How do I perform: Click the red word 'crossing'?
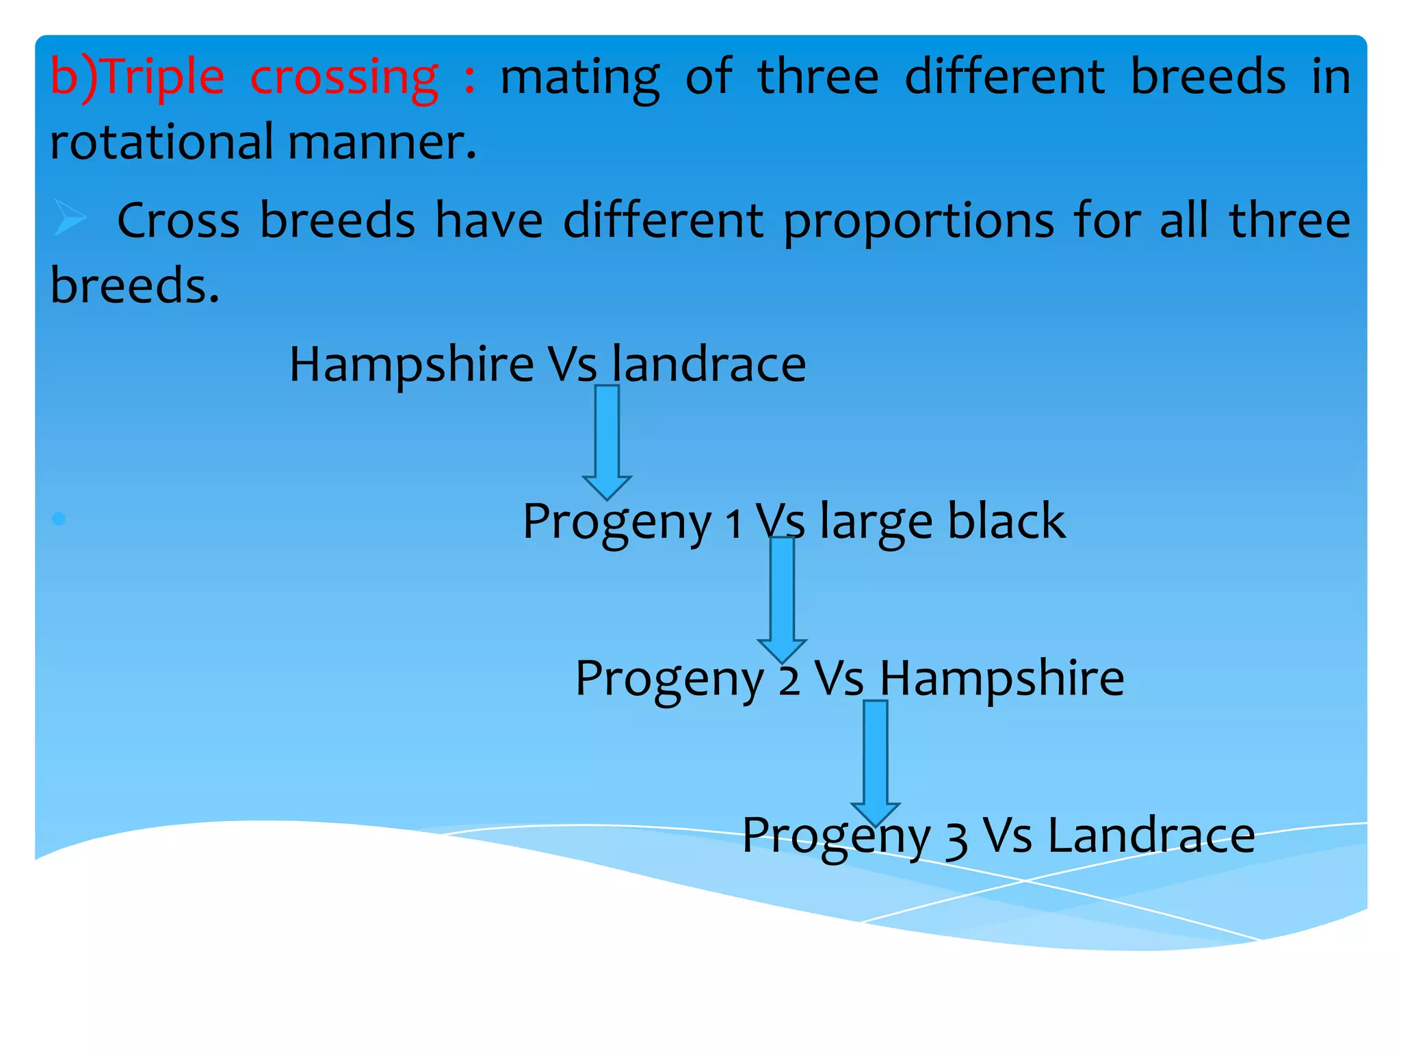coord(343,77)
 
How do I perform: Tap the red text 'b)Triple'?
coord(137,77)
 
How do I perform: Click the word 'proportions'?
coord(918,222)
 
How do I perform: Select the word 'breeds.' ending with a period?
coord(135,285)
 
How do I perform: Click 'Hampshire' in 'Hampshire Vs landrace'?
coord(411,365)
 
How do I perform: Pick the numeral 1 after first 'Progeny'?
coord(733,524)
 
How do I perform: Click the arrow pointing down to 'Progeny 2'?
coord(782,599)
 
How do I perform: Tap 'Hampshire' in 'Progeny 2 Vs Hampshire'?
coord(1001,678)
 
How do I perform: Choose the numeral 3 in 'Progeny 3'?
coord(956,840)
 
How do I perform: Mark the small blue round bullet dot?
coord(59,519)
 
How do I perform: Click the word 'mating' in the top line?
coord(580,77)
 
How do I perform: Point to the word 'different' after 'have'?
coord(663,220)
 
